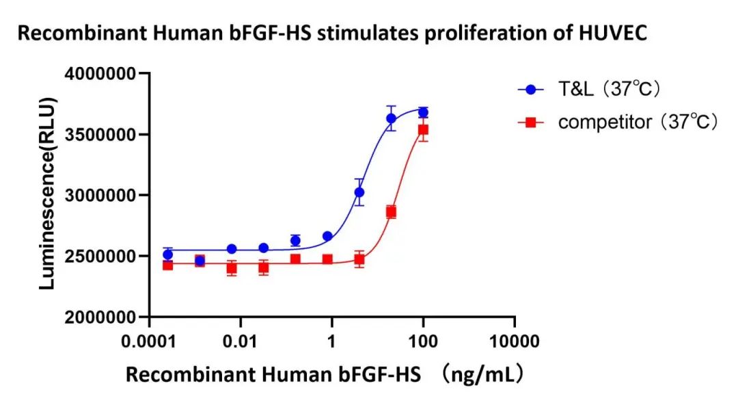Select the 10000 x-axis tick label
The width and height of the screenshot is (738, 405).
514,340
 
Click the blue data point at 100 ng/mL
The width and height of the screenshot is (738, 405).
423,112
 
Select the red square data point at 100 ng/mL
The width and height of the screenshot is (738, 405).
423,129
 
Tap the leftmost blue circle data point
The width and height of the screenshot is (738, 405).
167,254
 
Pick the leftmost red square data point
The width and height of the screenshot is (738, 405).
167,265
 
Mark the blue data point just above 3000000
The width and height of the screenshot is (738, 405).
359,192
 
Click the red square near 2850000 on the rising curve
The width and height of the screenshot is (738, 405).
391,212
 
